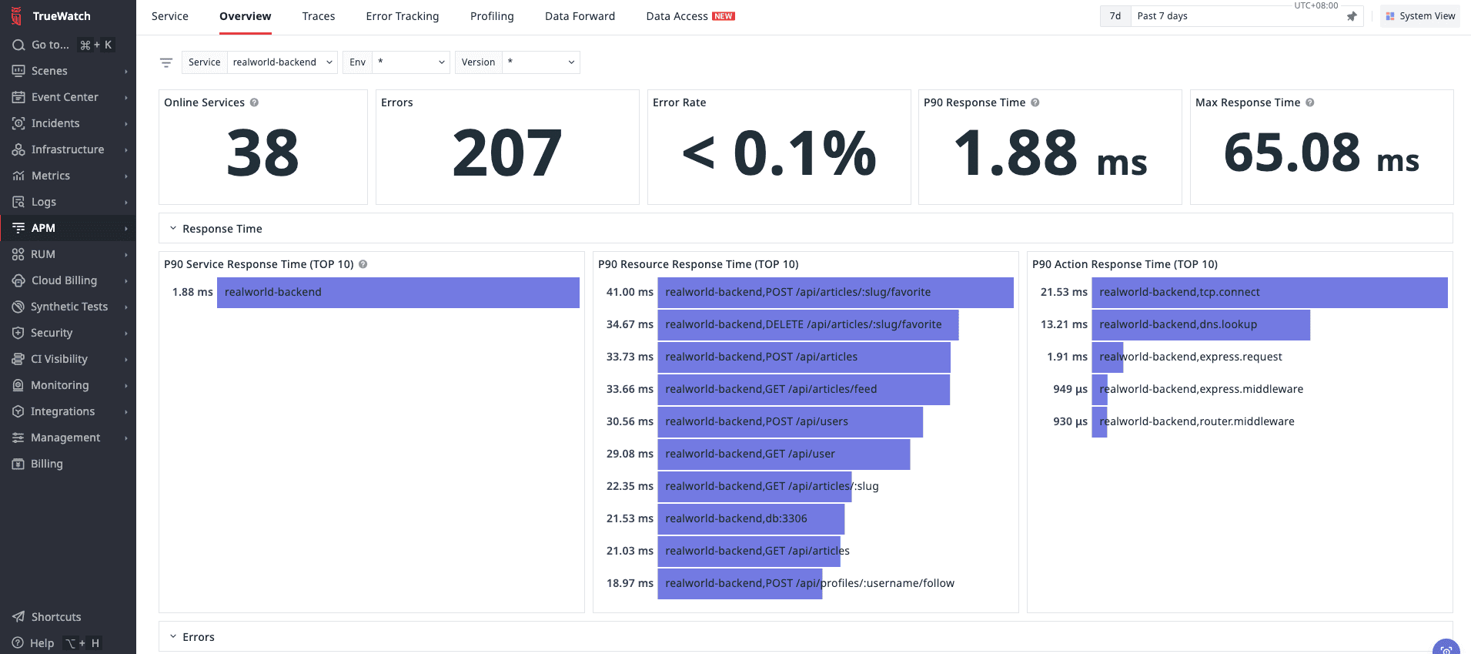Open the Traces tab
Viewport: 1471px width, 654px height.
[318, 16]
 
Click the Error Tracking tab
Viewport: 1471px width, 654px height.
[402, 16]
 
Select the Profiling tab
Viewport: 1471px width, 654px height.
[492, 16]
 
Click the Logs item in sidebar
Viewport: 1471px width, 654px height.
[44, 202]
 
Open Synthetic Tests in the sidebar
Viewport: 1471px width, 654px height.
[69, 307]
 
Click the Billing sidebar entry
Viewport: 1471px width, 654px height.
[46, 464]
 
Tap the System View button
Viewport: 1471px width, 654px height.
[1420, 16]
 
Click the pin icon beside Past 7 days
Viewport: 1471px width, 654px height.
[1352, 16]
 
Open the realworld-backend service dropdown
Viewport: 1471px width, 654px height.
[282, 62]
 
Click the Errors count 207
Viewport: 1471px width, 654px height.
[506, 153]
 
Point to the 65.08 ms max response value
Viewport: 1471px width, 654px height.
[1321, 153]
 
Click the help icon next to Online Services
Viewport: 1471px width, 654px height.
[254, 102]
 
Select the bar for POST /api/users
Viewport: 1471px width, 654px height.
[790, 421]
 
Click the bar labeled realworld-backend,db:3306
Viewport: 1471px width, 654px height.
[751, 518]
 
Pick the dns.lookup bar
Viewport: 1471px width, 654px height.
[1200, 324]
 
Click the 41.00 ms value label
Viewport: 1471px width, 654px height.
[629, 292]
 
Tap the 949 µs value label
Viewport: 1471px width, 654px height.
[1070, 389]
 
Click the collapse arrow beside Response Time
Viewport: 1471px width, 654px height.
[173, 229]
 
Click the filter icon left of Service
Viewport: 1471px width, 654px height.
[166, 62]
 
